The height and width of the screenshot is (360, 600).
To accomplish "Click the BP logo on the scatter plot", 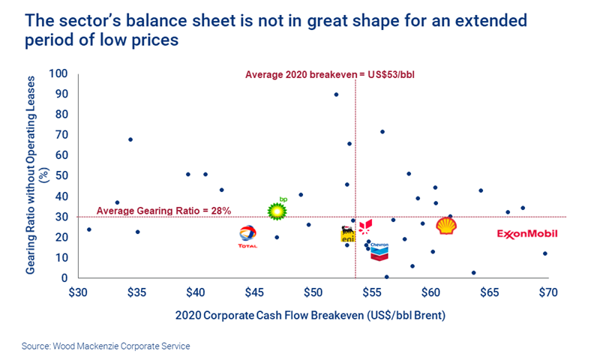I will pos(277,210).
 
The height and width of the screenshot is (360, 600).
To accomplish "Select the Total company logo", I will pos(247,236).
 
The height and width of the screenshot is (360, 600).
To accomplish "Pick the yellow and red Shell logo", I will pos(447,226).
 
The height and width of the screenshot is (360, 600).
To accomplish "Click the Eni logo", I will pos(347,234).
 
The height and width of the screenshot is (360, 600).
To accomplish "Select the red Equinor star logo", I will pos(365,226).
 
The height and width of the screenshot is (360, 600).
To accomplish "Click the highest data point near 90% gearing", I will pos(336,94).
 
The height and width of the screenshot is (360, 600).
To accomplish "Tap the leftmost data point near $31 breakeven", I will pos(89,229).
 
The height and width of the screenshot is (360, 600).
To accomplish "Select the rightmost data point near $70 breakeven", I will pos(545,253).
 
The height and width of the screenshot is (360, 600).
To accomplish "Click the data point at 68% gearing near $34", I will pos(130,139).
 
